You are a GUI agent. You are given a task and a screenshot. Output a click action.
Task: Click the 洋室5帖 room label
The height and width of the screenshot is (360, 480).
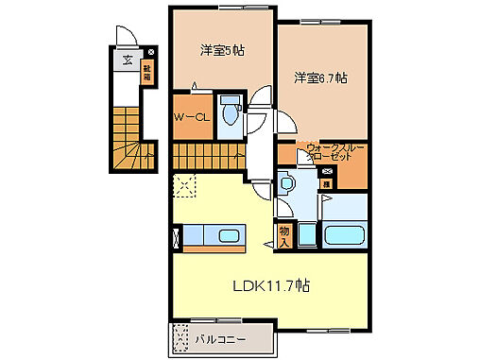click(223, 51)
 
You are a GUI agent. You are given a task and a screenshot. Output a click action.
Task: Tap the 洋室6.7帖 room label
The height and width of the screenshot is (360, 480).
click(318, 77)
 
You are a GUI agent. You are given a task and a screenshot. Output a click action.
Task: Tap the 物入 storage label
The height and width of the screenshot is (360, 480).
click(283, 231)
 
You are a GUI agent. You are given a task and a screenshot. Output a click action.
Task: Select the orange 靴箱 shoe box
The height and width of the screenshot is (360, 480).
click(147, 73)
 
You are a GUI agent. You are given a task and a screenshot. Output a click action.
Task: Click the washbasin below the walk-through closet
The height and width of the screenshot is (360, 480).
click(289, 182)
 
